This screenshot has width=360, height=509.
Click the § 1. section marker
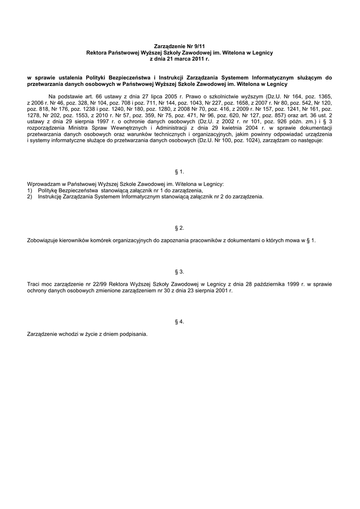[x=180, y=171]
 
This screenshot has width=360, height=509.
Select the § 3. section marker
[x=180, y=271]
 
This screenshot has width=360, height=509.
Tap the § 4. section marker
[x=180, y=322]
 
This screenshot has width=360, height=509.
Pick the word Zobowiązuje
[x=43, y=241]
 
